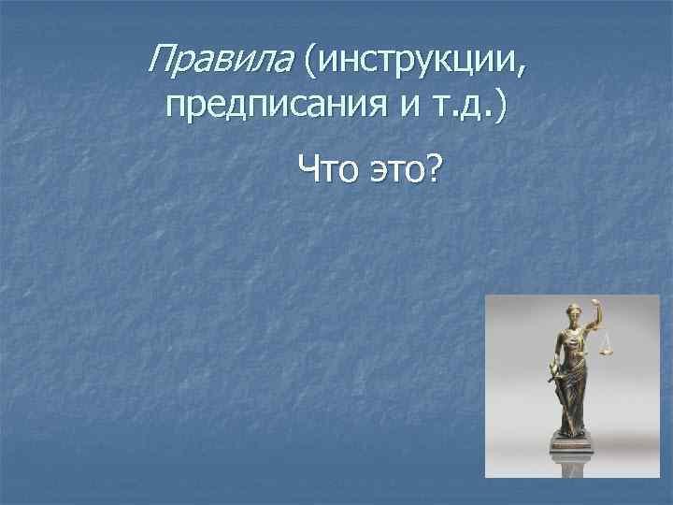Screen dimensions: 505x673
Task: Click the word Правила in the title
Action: click(221, 62)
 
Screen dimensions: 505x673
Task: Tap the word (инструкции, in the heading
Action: click(411, 62)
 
